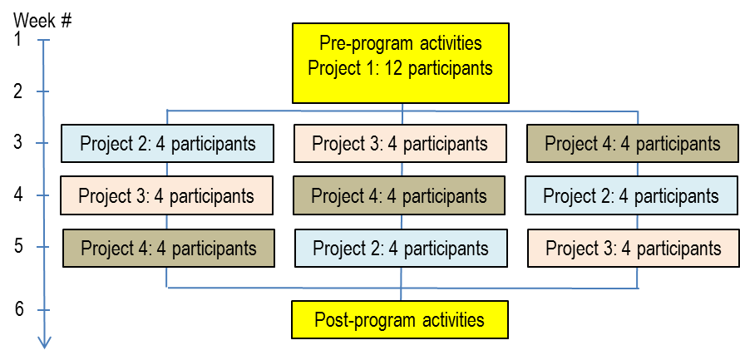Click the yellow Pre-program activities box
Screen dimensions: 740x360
(401, 62)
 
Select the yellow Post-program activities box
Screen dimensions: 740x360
(400, 319)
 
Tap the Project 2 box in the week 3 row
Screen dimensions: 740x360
(167, 144)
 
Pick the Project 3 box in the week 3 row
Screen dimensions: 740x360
(400, 144)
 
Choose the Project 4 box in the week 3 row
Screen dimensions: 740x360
(633, 144)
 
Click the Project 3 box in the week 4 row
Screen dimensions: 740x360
(166, 195)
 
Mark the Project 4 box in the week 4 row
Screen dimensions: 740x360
(399, 195)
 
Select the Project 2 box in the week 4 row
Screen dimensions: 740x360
(631, 195)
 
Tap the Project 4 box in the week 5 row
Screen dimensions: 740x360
(169, 249)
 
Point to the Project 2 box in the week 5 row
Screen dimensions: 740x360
(401, 249)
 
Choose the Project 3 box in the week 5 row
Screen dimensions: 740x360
(634, 249)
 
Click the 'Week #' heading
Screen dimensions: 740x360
(43, 21)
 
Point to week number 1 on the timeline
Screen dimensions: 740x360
(17, 40)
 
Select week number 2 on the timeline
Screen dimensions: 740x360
(18, 91)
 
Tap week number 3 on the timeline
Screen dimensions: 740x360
(18, 142)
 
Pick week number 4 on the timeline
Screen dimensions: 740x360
(18, 195)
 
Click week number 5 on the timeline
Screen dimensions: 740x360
(18, 246)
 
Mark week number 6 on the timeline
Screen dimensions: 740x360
(18, 309)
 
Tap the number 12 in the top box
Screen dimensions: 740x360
(393, 68)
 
